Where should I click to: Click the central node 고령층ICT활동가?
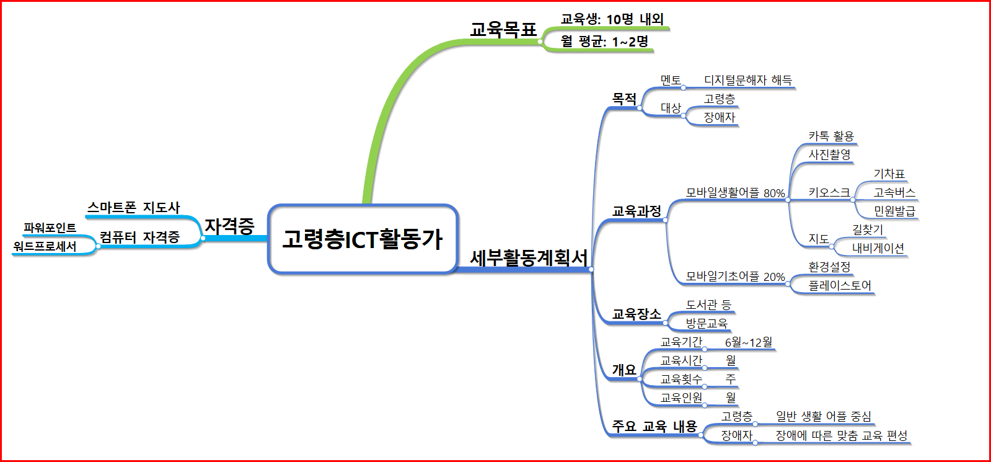tap(363, 239)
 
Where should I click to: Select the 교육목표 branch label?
tap(503, 29)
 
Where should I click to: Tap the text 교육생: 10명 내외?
tap(612, 19)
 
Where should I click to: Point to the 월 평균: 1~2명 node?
tap(604, 42)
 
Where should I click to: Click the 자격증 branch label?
tap(229, 226)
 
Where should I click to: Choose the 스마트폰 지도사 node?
tap(133, 207)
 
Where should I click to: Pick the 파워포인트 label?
tap(50, 228)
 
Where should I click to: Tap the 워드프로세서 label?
tap(45, 246)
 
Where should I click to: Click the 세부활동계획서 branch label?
tap(528, 257)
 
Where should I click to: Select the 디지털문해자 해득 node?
tap(747, 80)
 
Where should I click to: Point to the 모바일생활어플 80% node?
tap(735, 193)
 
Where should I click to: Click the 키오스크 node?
tap(829, 193)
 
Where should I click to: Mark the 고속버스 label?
tap(894, 193)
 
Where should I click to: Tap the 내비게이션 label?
tap(878, 248)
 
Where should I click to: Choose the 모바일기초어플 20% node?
tap(735, 277)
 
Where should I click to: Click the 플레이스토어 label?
tap(840, 285)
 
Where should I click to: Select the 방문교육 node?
tap(707, 323)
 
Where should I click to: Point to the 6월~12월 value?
tap(749, 342)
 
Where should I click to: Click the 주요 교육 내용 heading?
tap(654, 426)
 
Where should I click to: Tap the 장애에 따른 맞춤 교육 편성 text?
tap(841, 435)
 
